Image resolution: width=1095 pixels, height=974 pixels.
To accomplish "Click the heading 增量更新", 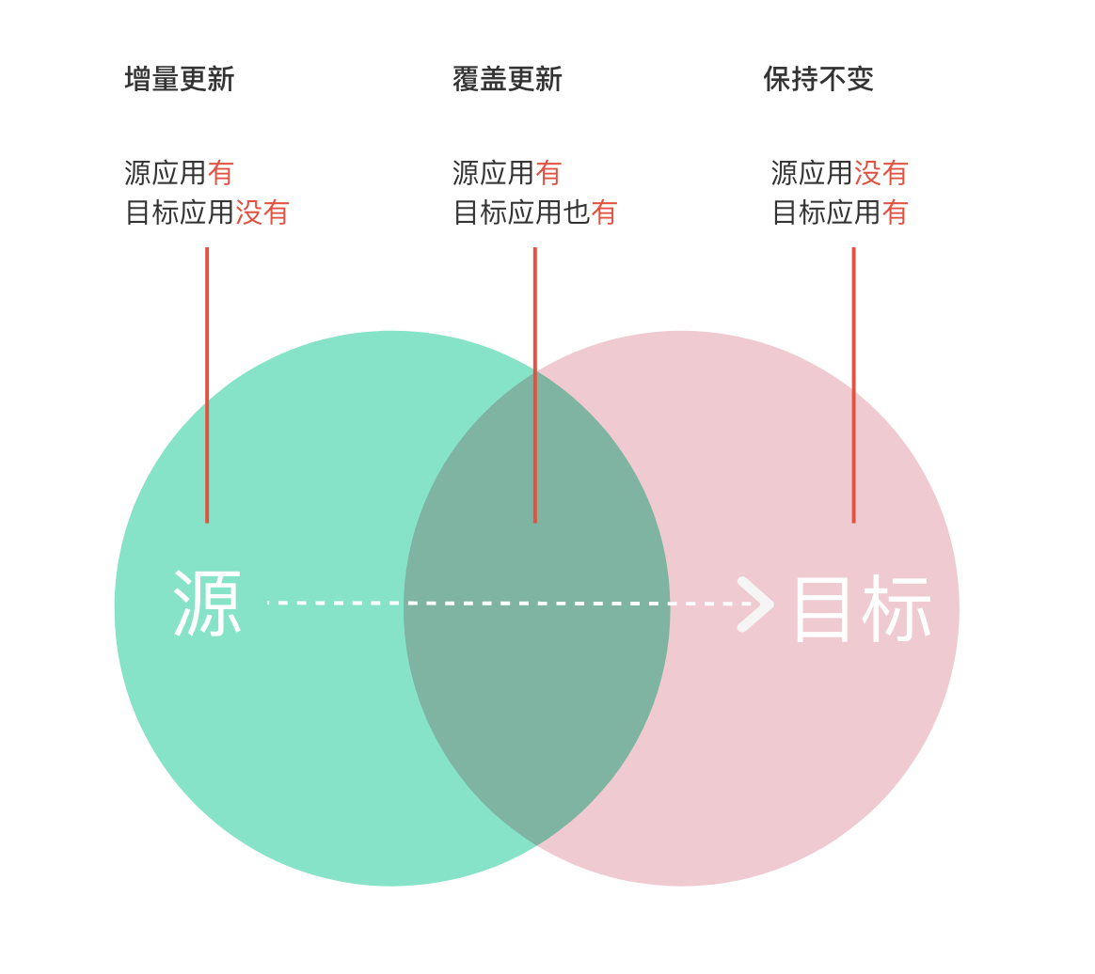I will tap(179, 80).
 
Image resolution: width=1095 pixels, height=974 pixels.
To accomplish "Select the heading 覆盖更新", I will tap(507, 80).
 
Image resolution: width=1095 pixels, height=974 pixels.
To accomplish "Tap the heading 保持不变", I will tap(818, 80).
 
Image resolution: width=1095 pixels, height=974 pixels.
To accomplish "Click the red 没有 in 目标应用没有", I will tap(262, 213).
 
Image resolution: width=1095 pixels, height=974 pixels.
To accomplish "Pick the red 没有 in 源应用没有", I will tap(881, 174).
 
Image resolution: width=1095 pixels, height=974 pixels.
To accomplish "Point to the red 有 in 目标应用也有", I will tap(604, 213).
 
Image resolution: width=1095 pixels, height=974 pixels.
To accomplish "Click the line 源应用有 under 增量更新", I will tap(179, 174).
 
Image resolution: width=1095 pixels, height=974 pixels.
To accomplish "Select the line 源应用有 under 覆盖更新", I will tap(507, 174).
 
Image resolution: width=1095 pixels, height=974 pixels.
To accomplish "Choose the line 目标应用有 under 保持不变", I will tap(839, 213).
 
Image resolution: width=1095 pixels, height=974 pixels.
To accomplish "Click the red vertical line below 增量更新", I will tap(207, 385).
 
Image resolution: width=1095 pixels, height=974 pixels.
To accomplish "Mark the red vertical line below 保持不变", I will tap(853, 385).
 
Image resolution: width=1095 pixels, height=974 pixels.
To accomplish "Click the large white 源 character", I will tap(208, 605).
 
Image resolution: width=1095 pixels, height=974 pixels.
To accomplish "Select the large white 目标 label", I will tap(863, 609).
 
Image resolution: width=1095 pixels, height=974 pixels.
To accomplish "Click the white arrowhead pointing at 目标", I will tap(755, 604).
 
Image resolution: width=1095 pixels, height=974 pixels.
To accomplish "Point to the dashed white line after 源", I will tap(508, 604).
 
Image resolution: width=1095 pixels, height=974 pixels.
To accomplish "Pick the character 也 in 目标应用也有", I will tap(577, 213).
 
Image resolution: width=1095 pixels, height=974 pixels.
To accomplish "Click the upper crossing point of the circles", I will tap(536, 371).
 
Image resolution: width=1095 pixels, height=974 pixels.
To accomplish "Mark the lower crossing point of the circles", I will tap(536, 845).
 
